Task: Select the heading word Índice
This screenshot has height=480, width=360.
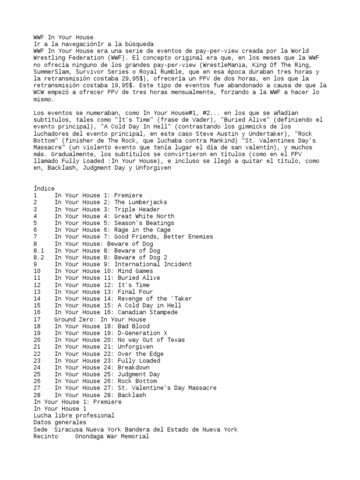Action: click(44, 188)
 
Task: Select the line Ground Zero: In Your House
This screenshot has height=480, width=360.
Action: click(100, 319)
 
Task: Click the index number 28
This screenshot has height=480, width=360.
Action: click(37, 395)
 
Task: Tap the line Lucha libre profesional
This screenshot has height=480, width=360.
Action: click(74, 416)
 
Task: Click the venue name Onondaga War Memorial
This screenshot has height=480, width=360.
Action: click(112, 436)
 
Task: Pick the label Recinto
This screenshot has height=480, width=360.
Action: click(46, 436)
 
